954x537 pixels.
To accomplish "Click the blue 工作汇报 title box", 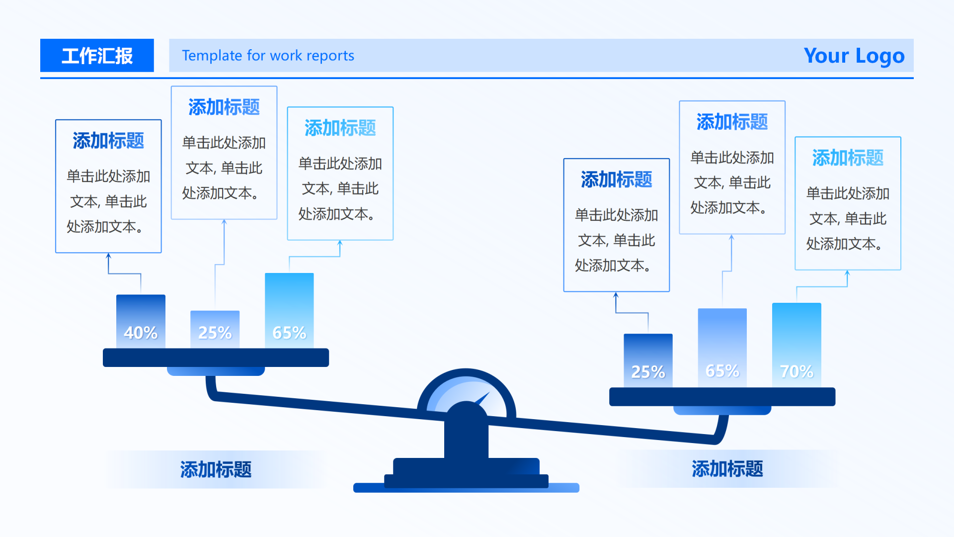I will pos(97,56).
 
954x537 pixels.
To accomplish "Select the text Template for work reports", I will pos(268,56).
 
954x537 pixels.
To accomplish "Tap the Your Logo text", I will pos(854,56).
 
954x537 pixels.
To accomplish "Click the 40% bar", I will pos(141,321).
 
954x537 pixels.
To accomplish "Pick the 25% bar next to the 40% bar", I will pos(215,329).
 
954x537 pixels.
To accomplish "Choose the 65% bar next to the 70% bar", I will pos(722,348).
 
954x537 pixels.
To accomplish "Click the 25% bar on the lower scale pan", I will pos(648,360).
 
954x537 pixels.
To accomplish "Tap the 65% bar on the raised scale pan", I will pos(289,310).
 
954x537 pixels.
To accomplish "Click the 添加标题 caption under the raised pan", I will pos(216,469).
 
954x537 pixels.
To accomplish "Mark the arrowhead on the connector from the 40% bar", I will pos(108,256).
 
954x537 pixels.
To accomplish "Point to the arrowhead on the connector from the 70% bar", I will pos(847,273).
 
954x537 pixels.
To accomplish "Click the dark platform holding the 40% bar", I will pos(216,358).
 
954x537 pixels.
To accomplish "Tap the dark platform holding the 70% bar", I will pos(722,397).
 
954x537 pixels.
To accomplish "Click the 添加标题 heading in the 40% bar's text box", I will pos(108,141).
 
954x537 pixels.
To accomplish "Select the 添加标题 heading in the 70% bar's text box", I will pos(848,158).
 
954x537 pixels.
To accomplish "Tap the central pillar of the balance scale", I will pos(466,438).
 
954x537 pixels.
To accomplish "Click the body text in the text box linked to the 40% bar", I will pos(108,201).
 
